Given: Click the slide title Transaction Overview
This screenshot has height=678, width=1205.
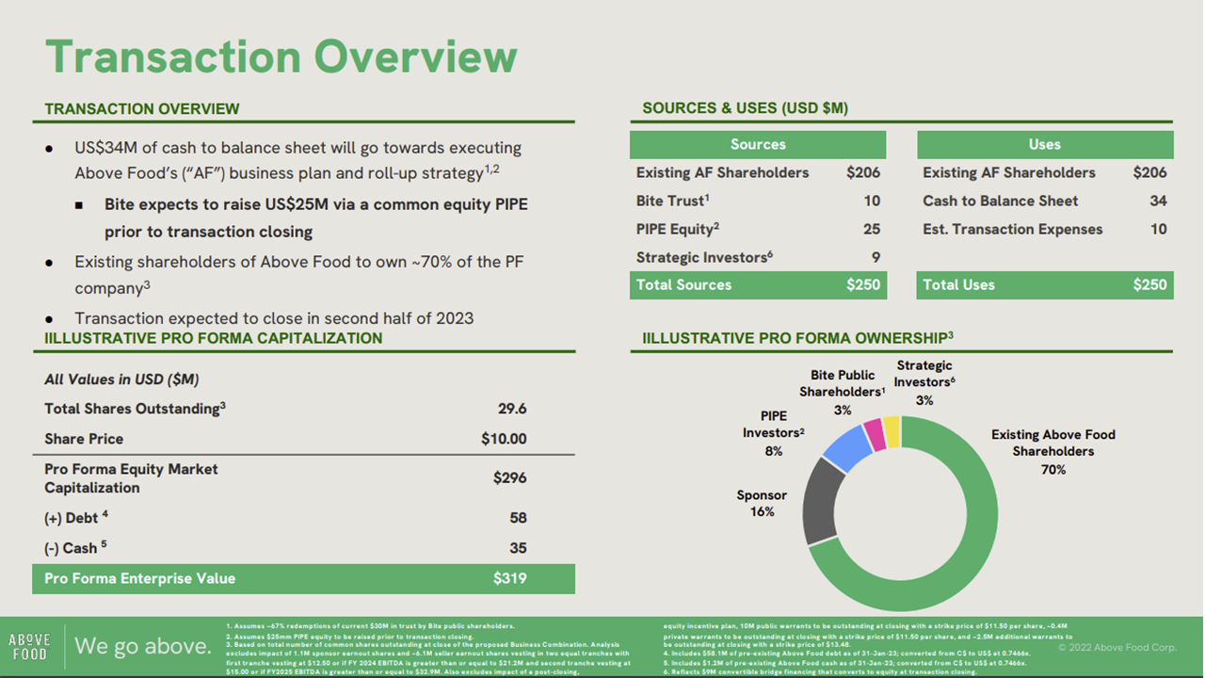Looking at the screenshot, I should [x=281, y=56].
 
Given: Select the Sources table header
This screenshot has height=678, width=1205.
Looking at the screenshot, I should [x=758, y=144].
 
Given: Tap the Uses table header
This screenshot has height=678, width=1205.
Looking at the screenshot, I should [x=1044, y=144].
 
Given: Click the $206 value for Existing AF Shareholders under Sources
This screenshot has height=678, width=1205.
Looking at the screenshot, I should [x=862, y=172].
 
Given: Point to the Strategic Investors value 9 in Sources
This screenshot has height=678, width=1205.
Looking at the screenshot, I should [x=875, y=257].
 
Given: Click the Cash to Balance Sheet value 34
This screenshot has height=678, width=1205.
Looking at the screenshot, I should [x=1157, y=201].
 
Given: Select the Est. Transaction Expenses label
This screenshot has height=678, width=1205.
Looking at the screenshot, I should [x=1012, y=229].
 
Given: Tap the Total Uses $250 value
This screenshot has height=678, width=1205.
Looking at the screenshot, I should [x=1149, y=284].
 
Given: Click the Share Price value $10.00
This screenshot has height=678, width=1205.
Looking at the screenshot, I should [x=504, y=439].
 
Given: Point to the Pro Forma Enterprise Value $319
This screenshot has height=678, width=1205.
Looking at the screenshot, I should [x=509, y=578].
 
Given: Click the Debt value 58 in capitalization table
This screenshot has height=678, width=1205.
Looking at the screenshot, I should [x=517, y=518].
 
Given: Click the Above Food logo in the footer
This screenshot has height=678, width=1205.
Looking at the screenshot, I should [x=29, y=647].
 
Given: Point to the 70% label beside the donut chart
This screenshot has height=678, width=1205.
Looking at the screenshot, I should [x=1052, y=469].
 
